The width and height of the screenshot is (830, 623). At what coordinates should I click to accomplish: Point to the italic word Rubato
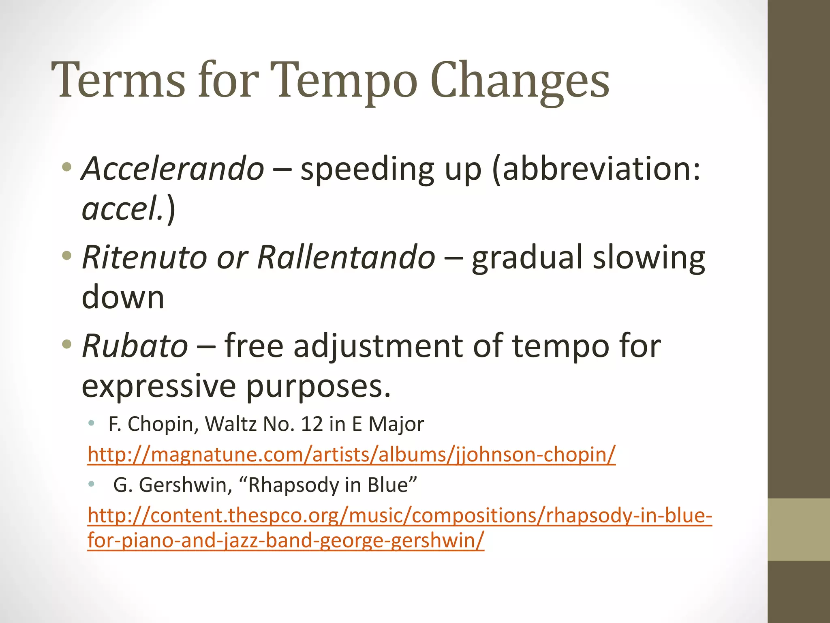(135, 346)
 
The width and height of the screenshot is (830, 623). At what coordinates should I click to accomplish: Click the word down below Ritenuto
(123, 297)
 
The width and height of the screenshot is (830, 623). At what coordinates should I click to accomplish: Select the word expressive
(158, 386)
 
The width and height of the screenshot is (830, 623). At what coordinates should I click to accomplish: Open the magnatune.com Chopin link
(351, 454)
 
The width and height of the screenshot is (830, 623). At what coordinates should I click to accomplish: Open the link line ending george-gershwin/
(286, 541)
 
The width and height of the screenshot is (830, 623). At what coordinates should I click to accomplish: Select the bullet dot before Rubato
(67, 345)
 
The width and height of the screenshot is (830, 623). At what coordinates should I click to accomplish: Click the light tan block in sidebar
(798, 529)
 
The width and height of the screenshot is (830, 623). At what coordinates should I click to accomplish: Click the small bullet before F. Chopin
(92, 424)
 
